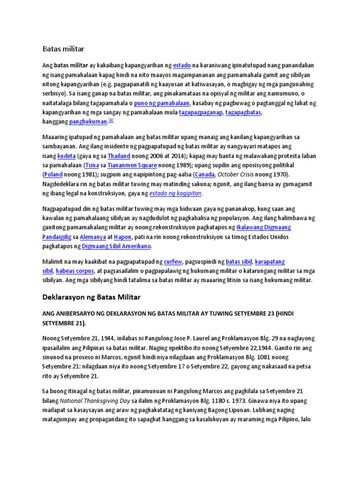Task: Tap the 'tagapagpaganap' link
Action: coord(201,112)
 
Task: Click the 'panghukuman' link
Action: coord(88,122)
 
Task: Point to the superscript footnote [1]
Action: coord(111,120)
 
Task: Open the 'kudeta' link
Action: coord(66,156)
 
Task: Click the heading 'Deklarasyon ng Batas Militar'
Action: coord(91,298)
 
